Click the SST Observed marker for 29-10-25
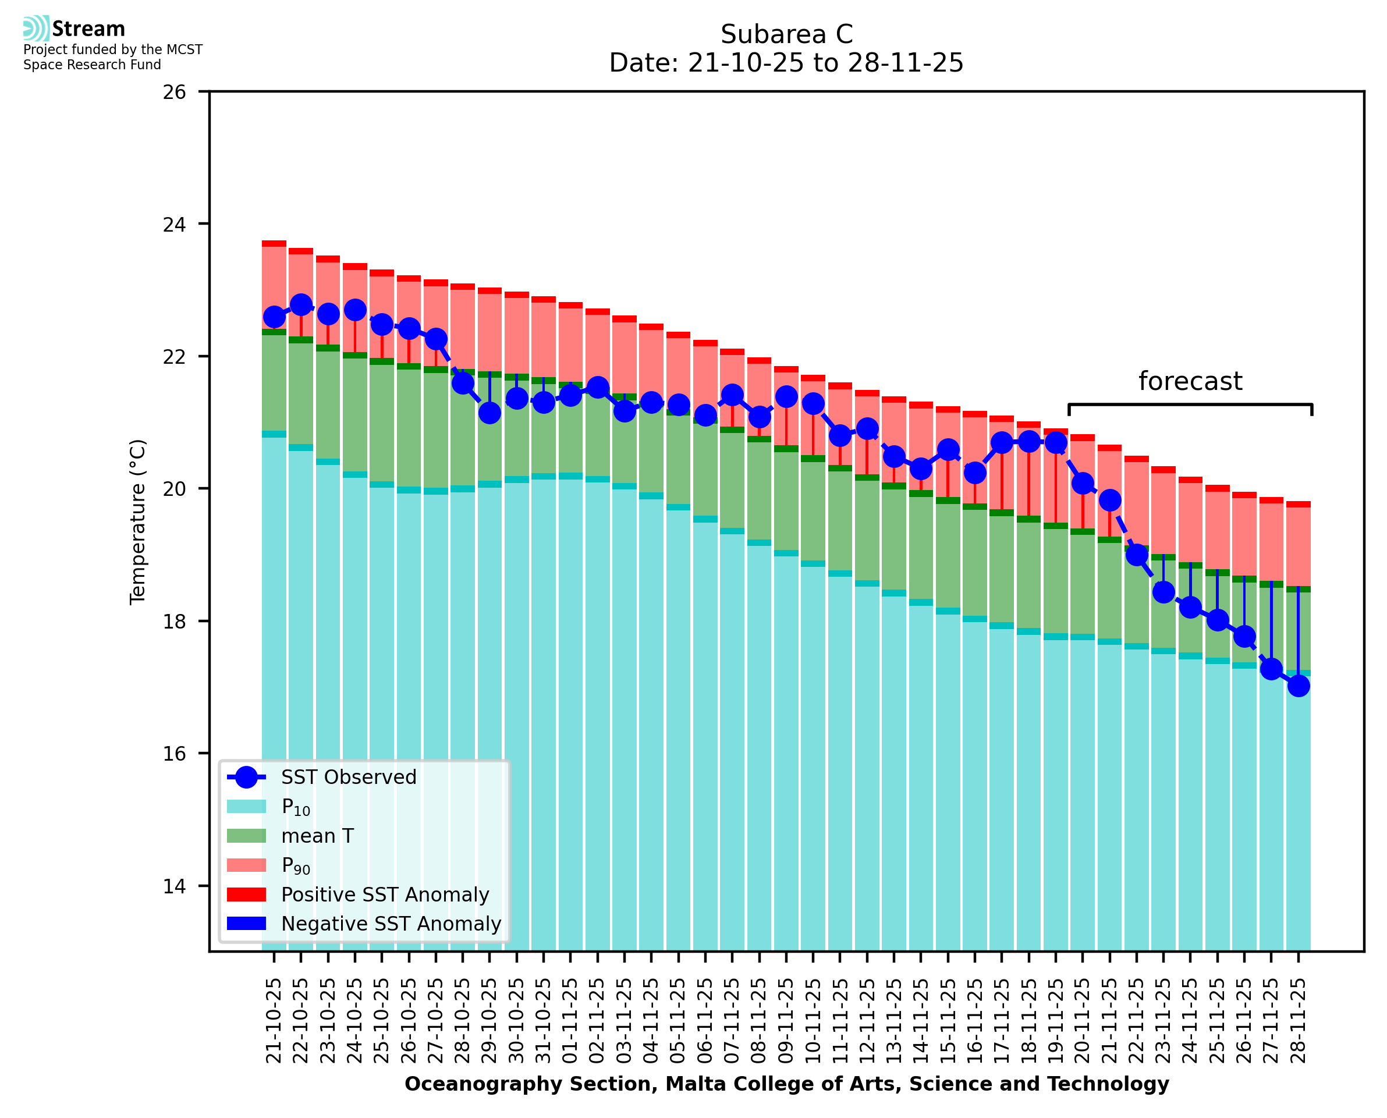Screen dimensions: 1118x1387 tap(489, 413)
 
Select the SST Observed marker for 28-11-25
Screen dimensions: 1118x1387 tap(1298, 685)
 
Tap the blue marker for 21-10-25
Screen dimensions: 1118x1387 tap(274, 317)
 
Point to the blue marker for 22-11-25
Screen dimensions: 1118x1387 tap(1137, 555)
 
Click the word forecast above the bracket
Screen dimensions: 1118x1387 tap(1190, 381)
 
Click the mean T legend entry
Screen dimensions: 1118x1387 tap(317, 836)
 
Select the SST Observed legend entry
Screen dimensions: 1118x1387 tap(349, 778)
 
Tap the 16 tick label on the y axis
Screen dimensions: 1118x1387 tap(174, 754)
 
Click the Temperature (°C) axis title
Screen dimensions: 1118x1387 tap(138, 521)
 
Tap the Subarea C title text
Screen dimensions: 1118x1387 tap(786, 34)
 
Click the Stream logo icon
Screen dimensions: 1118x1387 tap(36, 29)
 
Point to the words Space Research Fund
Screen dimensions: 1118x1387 tap(92, 65)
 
